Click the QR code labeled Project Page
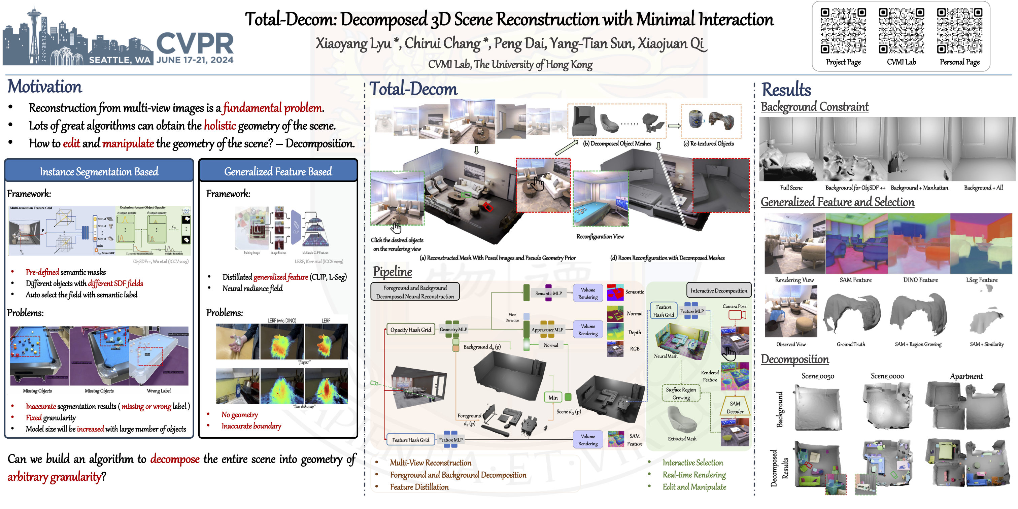point(843,31)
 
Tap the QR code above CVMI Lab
point(901,31)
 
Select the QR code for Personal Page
point(959,31)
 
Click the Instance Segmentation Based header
point(99,171)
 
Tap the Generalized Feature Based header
point(278,171)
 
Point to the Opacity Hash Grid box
point(410,330)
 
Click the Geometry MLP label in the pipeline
point(453,329)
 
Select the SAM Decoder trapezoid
point(735,407)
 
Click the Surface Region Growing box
point(681,393)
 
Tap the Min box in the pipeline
point(553,398)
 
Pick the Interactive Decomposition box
point(718,291)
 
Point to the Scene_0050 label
point(817,376)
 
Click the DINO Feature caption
point(920,280)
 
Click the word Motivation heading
point(45,87)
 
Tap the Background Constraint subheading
point(814,107)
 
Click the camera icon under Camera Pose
point(736,315)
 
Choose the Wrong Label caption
point(159,391)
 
